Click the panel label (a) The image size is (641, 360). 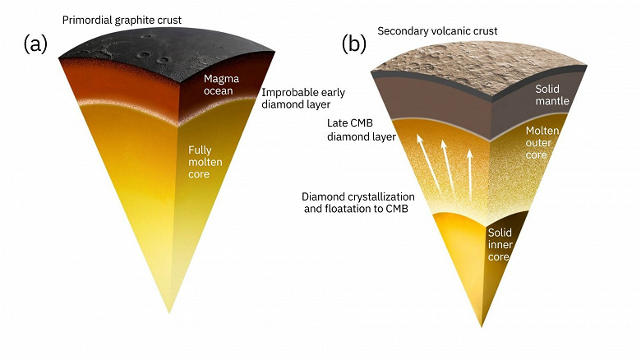tap(39, 44)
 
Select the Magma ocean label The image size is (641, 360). tap(220, 84)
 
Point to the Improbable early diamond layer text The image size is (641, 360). tap(296, 99)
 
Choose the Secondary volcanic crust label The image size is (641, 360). tap(437, 31)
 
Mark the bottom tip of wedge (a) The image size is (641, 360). tap(168, 313)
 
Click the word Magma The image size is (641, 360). tap(220, 78)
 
